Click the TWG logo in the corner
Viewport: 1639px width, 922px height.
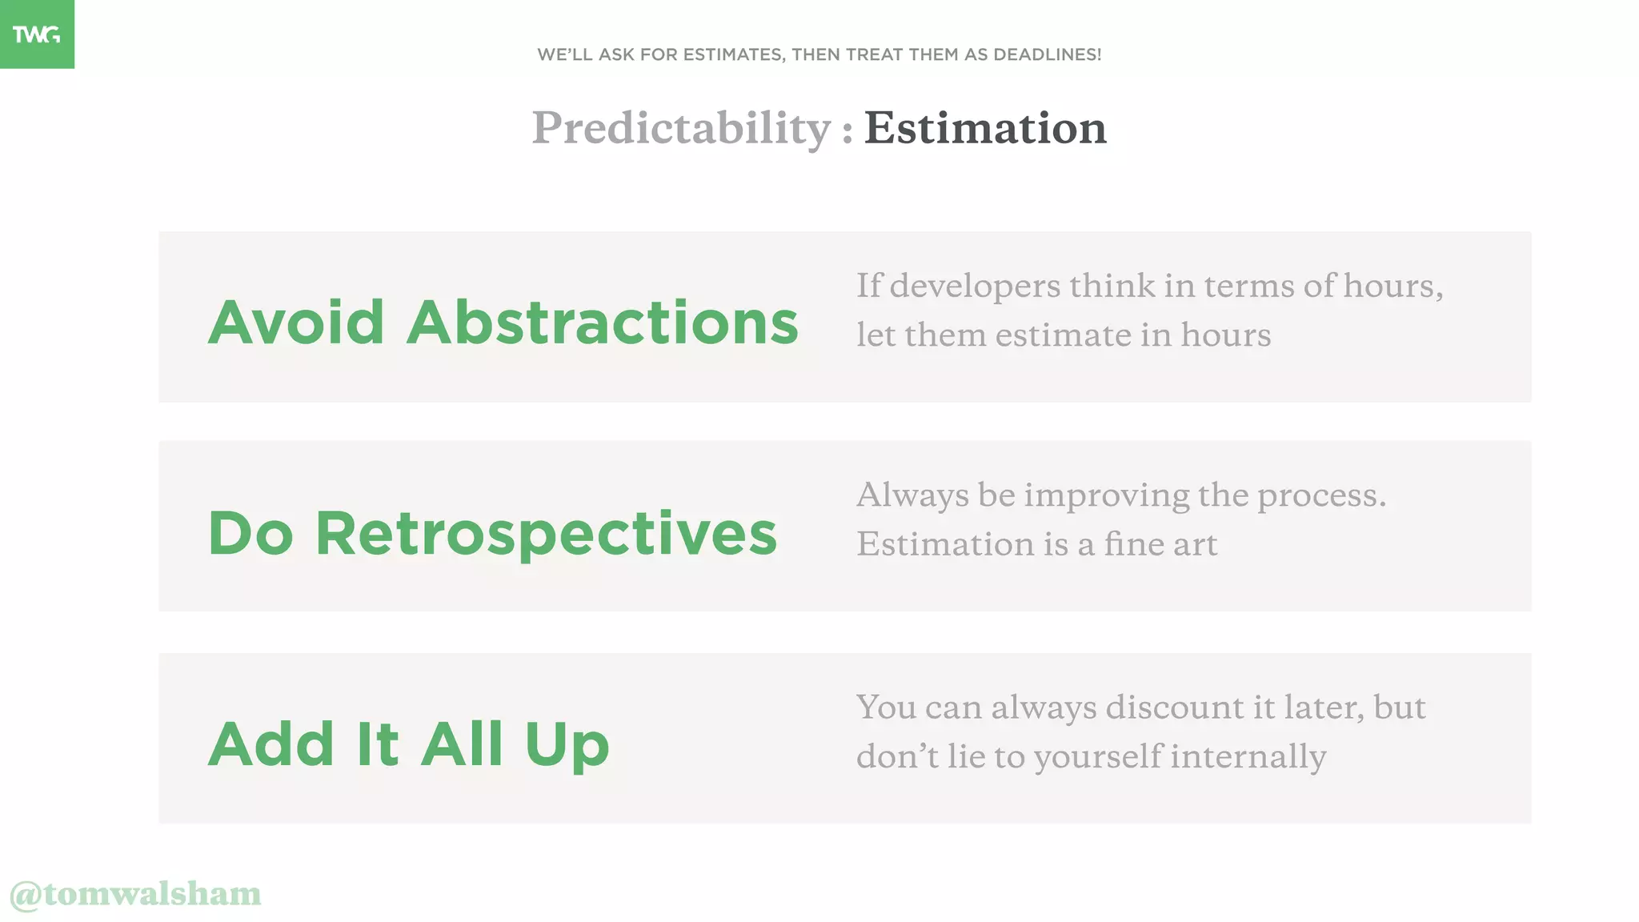[37, 34]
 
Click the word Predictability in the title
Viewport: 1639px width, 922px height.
[682, 128]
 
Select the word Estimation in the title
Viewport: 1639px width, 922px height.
[985, 128]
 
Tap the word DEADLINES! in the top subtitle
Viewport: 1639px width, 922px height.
[1047, 54]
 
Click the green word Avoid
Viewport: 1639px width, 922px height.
[296, 322]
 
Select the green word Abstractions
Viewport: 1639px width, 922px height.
[603, 322]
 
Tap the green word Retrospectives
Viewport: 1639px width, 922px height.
[546, 534]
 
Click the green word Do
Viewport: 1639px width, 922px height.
[250, 534]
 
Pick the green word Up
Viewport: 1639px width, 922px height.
[567, 744]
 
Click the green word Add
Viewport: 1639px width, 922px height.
[271, 744]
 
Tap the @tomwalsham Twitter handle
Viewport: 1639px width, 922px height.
[135, 894]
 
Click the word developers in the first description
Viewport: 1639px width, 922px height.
[975, 286]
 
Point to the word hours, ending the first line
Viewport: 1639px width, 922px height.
[1393, 286]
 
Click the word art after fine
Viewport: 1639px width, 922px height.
[1194, 545]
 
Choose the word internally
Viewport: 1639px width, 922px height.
[1248, 757]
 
